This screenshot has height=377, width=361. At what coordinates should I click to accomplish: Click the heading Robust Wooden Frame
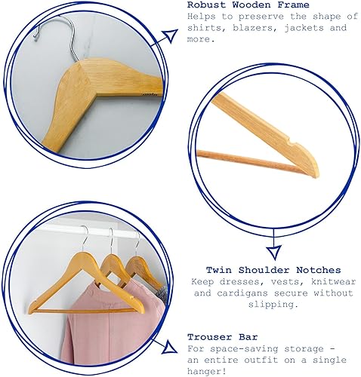(x=248, y=5)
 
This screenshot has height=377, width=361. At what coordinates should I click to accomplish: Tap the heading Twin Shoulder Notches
(x=273, y=270)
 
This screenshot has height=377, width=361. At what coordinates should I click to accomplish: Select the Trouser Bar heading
(x=223, y=337)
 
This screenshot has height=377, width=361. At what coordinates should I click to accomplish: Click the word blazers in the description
(x=253, y=28)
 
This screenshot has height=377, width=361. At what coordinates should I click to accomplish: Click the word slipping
(x=273, y=305)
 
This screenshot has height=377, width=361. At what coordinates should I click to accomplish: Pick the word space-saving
(x=244, y=349)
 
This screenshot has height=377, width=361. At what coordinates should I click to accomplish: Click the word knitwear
(x=334, y=281)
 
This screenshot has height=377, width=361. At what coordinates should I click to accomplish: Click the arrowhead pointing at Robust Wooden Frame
(x=170, y=35)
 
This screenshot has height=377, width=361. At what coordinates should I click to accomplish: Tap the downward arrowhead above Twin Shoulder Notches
(x=274, y=253)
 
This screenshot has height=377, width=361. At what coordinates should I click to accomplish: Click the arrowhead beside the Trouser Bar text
(x=169, y=348)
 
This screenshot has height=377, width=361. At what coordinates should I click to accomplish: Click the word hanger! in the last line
(x=206, y=372)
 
